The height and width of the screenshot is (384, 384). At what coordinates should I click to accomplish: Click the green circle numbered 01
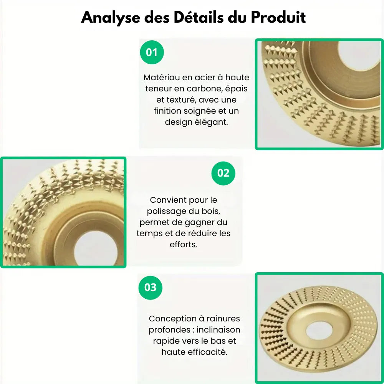(152, 52)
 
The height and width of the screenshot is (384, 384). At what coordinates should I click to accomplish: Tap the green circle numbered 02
(223, 173)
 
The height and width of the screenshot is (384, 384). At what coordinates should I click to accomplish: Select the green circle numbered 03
(151, 287)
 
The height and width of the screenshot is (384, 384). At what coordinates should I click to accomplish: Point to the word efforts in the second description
(183, 245)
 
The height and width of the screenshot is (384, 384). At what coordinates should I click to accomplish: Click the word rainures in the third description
(223, 319)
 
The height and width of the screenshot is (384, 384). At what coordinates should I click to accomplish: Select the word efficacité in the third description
(210, 352)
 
